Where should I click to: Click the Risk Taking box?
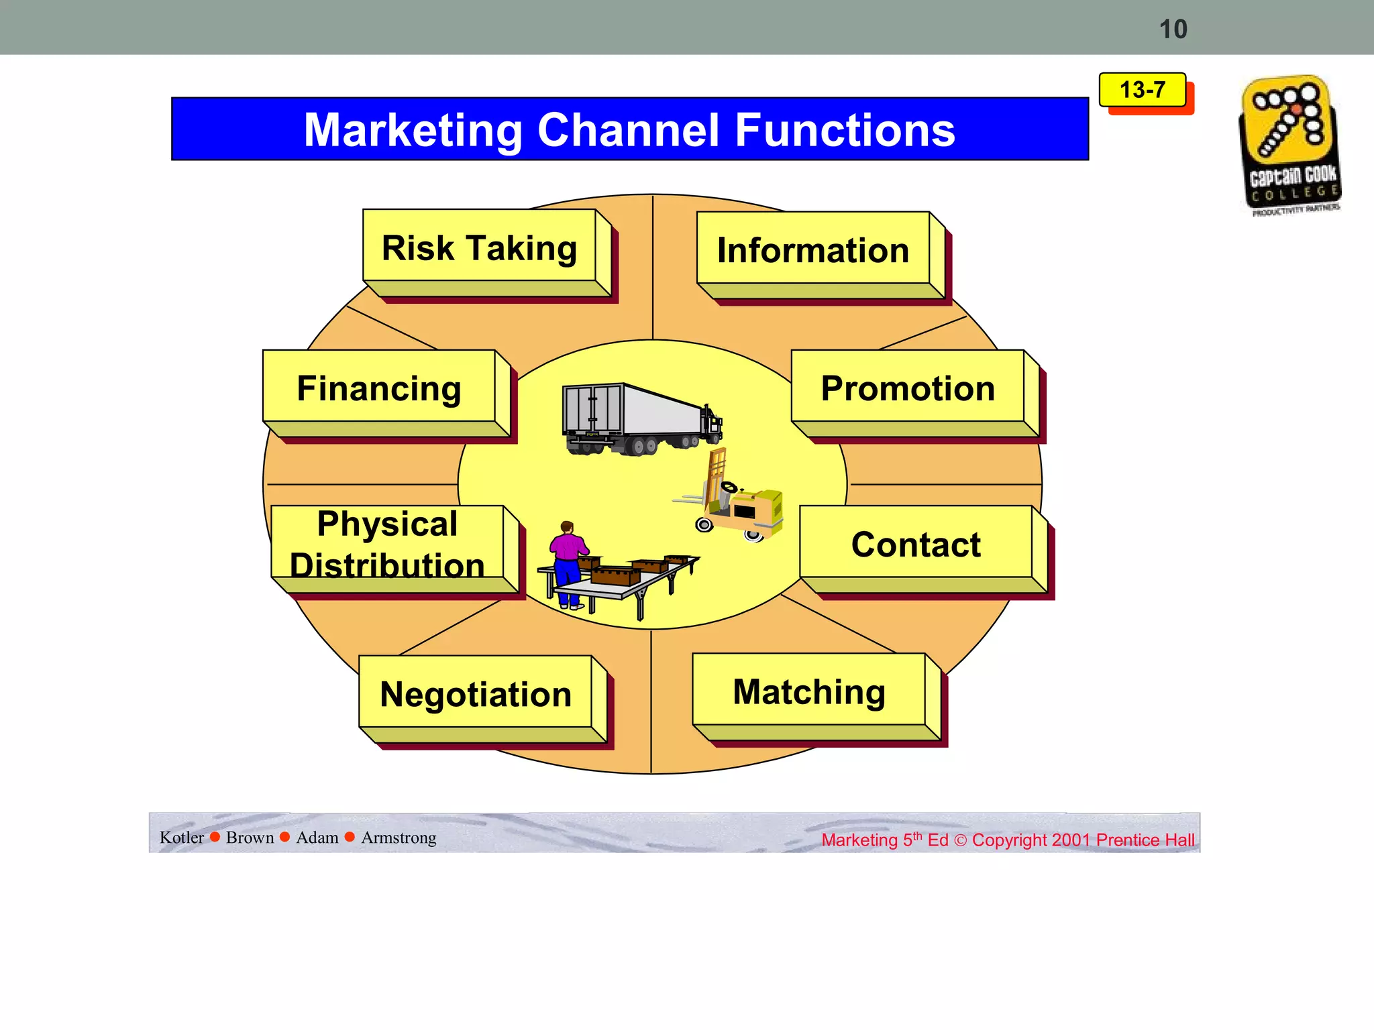click(x=479, y=248)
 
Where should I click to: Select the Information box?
click(x=813, y=251)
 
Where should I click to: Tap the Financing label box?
click(x=379, y=388)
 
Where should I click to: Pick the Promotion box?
click(x=908, y=388)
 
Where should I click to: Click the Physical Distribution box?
click(x=387, y=544)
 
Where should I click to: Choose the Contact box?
click(x=916, y=544)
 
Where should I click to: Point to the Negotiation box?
click(x=476, y=694)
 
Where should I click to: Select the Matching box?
click(x=809, y=691)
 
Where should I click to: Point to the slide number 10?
click(x=1173, y=30)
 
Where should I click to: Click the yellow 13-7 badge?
click(x=1142, y=90)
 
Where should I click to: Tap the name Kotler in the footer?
click(x=181, y=838)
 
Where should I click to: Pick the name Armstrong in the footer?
click(x=399, y=838)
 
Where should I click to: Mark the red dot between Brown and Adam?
click(x=284, y=837)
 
